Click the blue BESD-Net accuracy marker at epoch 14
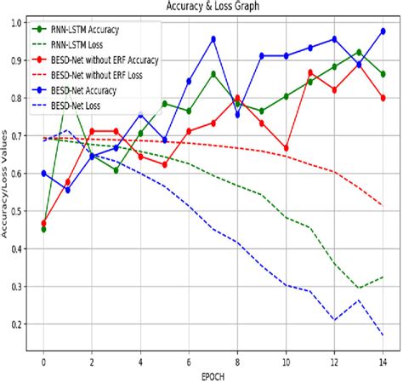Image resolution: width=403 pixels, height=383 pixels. pyautogui.click(x=383, y=31)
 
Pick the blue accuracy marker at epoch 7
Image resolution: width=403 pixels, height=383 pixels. pyautogui.click(x=213, y=39)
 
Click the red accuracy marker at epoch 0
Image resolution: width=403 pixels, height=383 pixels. pyautogui.click(x=43, y=223)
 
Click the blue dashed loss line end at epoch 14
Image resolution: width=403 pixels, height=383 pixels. pyautogui.click(x=383, y=335)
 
